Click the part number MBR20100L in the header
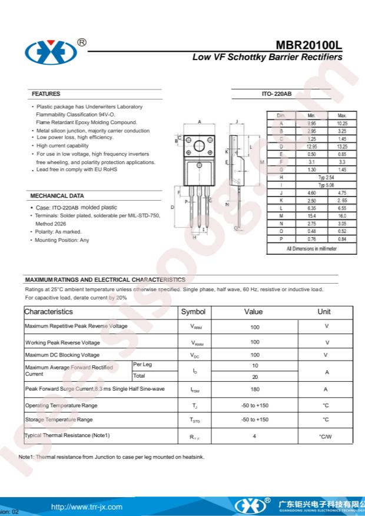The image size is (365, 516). pos(309,46)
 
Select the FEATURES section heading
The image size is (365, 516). pos(45,94)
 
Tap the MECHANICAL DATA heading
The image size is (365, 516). pos(57,196)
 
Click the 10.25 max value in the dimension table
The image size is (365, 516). pos(342,124)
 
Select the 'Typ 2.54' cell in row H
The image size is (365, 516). pos(326,177)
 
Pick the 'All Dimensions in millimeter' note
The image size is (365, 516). pos(311,249)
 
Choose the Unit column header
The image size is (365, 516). pos(324,312)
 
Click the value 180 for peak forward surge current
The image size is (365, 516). pos(255,390)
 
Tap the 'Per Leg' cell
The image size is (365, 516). pos(142,365)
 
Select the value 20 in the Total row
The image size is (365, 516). pos(255,377)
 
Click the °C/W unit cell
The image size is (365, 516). pos(326,436)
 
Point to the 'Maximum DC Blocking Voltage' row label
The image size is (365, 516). pos(62,355)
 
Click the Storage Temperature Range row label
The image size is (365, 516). pos(58,420)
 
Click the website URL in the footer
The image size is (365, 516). pos(87,507)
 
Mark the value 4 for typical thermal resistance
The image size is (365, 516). pos(254,436)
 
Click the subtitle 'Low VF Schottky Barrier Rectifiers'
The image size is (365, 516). pos(267,58)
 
